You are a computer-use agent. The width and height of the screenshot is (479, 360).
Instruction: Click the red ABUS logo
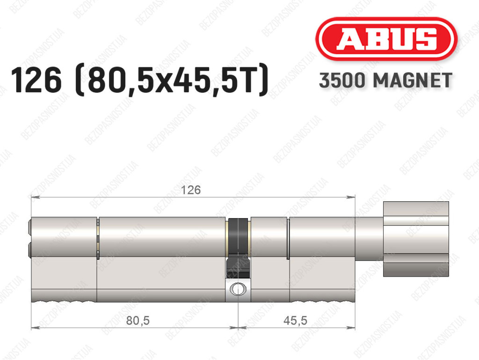(386, 39)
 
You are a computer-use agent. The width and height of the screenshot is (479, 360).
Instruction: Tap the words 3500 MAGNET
(385, 81)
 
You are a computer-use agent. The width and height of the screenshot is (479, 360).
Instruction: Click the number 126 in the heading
(36, 81)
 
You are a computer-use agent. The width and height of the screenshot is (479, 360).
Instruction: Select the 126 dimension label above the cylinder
(191, 190)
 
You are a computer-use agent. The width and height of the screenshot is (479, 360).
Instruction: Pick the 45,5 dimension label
(295, 321)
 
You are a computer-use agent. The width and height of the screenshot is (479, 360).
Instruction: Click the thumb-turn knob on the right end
(416, 239)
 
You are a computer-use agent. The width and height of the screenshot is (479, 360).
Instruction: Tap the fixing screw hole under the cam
(238, 289)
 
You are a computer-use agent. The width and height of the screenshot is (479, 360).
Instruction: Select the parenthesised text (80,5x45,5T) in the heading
(172, 81)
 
